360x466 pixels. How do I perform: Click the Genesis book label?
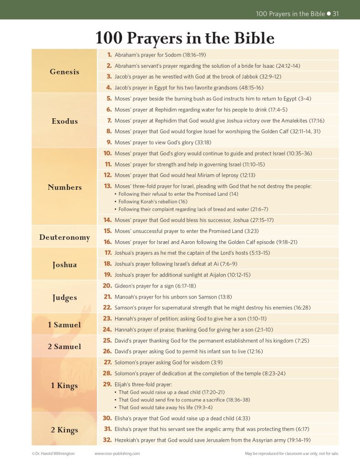coord(64,71)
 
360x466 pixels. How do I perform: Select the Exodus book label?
coord(64,121)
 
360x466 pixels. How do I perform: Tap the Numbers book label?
coord(65,187)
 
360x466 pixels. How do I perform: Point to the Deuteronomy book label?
coord(64,237)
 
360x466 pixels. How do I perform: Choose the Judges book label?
coord(64,298)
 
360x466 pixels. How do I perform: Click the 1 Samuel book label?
coord(65,324)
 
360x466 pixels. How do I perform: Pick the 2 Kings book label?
coord(64,430)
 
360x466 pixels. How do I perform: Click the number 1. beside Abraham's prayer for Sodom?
coord(109,55)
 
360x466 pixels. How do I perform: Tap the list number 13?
coord(108,186)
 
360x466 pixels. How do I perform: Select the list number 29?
coord(108,384)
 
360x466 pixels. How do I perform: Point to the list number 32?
coord(107,440)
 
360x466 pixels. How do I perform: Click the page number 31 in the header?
coord(336,14)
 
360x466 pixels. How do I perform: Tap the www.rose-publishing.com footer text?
coord(117,454)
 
